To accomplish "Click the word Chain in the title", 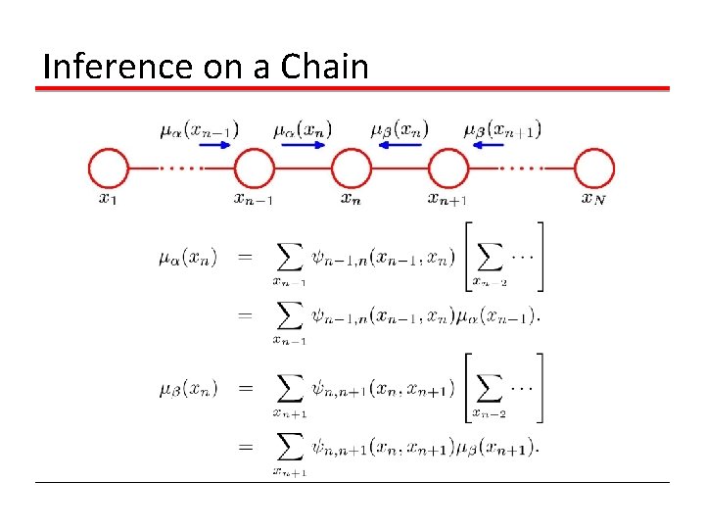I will pos(325,67).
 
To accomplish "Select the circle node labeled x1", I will pos(109,168).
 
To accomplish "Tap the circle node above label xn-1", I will pos(255,168).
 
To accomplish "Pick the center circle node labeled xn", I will pos(352,168).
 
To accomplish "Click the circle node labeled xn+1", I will pos(448,168).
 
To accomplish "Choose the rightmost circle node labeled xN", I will pos(594,168).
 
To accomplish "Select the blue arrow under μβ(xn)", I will pos(399,144).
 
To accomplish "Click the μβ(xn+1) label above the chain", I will pos(501,127).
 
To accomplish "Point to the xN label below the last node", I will pos(592,199).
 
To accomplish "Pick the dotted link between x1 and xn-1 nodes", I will pos(181,168).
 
